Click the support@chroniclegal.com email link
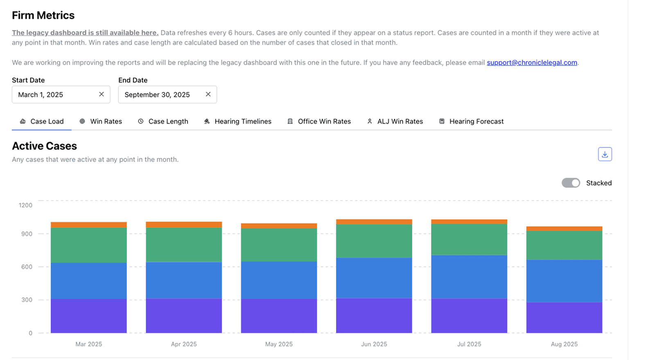coord(531,63)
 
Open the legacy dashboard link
coord(85,33)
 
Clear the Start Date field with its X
coord(102,94)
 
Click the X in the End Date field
coord(208,94)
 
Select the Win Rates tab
coord(101,121)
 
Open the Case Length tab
coord(163,121)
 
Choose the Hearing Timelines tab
coord(237,121)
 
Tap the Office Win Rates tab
coord(319,121)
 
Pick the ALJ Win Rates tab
coord(395,121)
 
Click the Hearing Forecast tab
coord(471,121)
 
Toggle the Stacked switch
coord(571,183)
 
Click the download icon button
coord(605,154)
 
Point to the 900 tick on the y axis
coord(27,234)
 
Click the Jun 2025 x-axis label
coord(374,344)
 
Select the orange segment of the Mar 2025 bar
coord(88,225)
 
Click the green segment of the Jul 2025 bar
coord(469,240)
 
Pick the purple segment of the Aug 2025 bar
coord(564,317)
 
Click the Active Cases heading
coord(44,146)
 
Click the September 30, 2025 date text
coord(157,95)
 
